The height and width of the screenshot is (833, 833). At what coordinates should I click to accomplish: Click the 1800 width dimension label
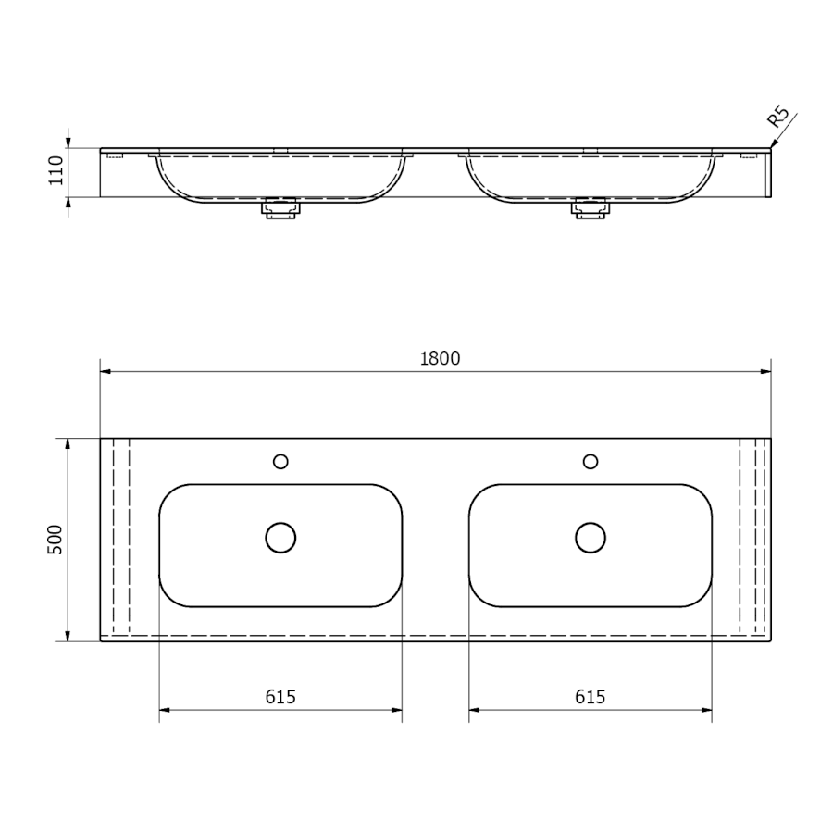[x=440, y=358]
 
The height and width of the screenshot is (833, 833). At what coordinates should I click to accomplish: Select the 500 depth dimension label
[x=56, y=540]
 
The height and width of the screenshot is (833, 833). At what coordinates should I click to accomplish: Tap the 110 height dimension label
[x=56, y=170]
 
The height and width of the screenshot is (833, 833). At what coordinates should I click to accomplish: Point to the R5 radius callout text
[x=778, y=118]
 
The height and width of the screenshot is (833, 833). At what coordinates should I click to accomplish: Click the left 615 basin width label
[x=280, y=696]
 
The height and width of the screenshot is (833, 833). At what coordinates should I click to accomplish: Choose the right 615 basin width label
[x=591, y=696]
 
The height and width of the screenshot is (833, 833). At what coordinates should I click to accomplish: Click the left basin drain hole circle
[x=280, y=538]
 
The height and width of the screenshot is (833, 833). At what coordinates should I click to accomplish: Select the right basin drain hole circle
[x=591, y=538]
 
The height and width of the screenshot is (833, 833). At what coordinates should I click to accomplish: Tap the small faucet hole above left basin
[x=280, y=462]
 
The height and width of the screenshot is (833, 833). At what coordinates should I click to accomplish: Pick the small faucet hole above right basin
[x=591, y=462]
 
